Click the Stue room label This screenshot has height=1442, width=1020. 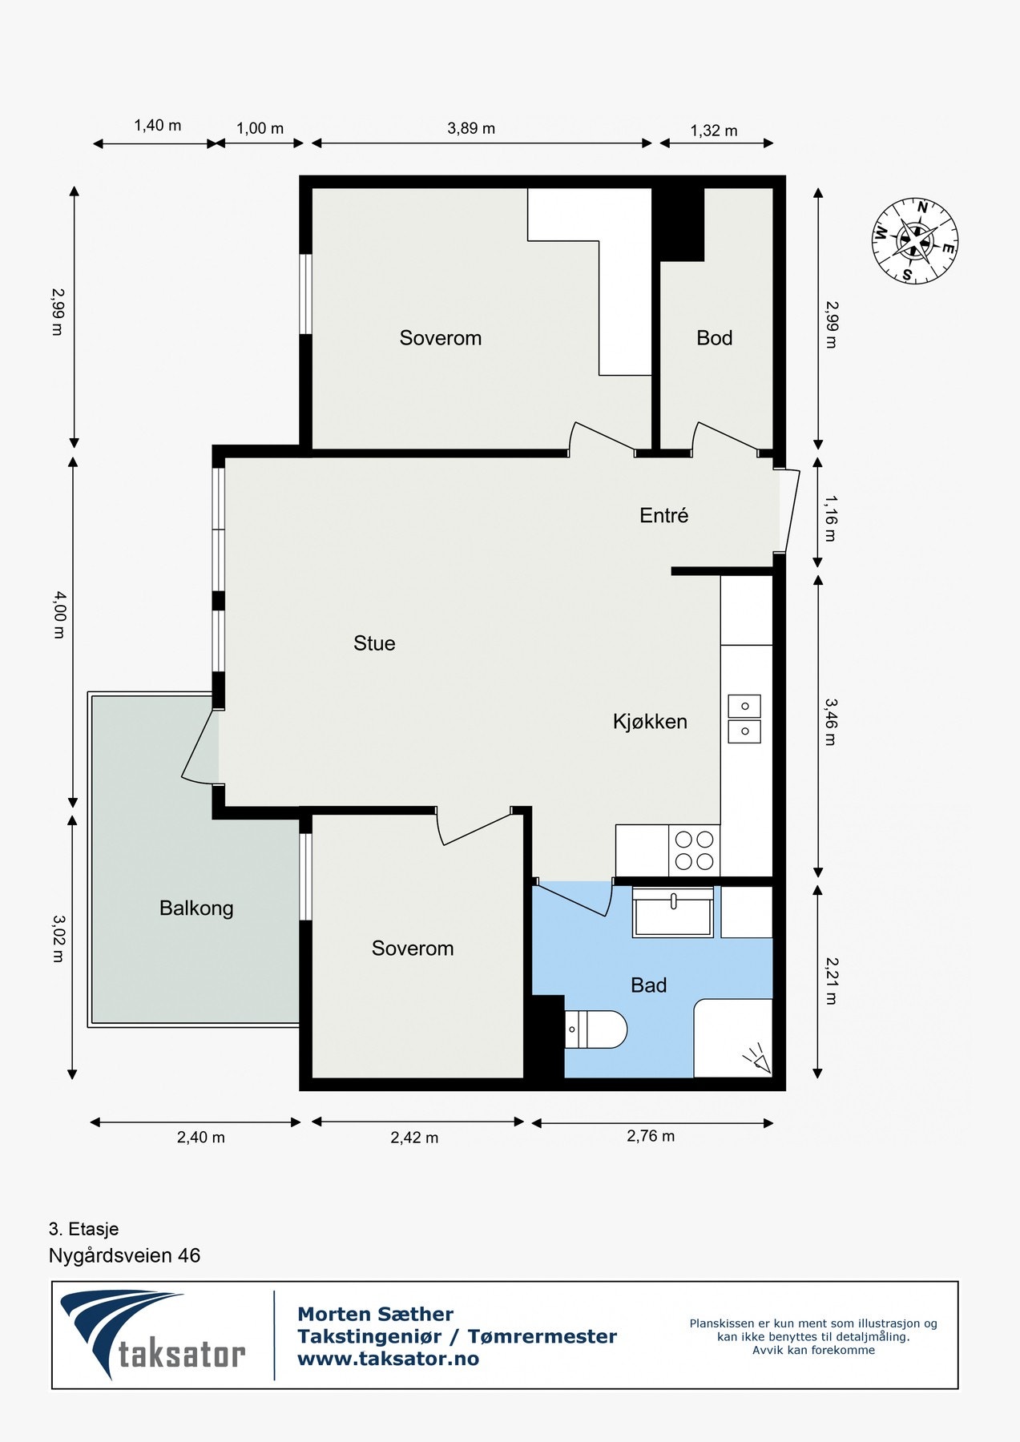374,643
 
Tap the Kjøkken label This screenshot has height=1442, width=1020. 650,722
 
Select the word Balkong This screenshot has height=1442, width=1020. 196,908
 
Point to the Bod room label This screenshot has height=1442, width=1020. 715,338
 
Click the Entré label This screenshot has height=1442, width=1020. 664,516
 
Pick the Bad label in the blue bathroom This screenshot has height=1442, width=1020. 649,985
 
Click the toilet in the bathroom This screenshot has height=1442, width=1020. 595,1029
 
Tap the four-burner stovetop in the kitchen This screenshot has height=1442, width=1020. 694,851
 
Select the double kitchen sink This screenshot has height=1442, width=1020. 744,719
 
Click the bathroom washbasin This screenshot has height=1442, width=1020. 673,912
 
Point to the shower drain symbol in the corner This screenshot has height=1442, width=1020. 756,1061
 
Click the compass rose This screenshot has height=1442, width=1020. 915,241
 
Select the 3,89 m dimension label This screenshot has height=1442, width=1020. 471,128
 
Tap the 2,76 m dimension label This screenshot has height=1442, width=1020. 651,1136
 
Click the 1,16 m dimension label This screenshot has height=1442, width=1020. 830,518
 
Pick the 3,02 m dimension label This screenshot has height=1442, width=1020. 58,938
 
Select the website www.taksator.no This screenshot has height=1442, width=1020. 389,1359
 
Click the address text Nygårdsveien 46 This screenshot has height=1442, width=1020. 125,1255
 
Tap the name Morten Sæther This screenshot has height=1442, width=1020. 376,1314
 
